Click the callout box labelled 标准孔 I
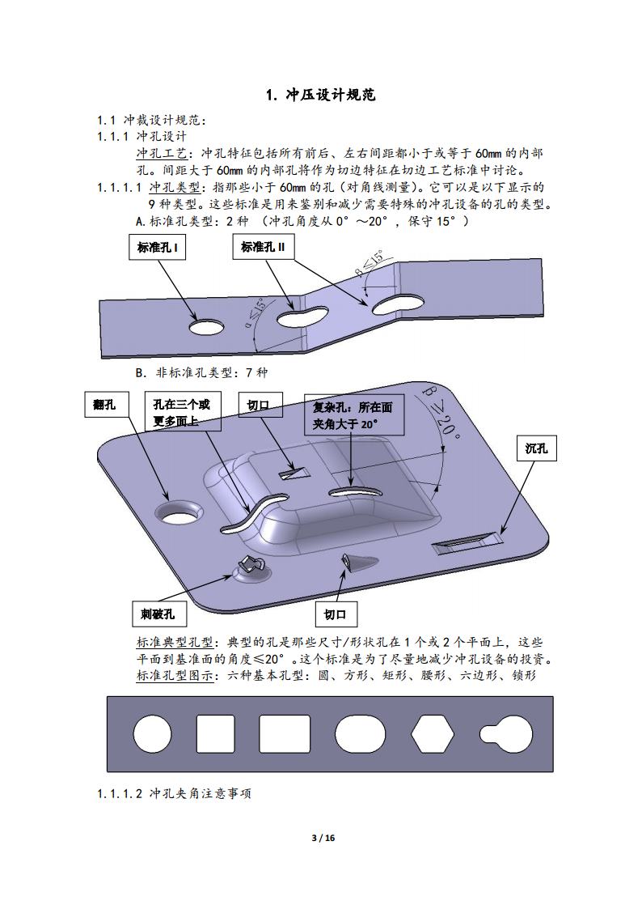157,248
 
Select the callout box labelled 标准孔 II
264,247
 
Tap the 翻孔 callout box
105,405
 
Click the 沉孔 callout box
536,448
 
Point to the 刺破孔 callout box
158,614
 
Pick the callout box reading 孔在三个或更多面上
183,412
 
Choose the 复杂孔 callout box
353,415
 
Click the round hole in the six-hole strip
152,733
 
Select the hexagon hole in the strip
433,734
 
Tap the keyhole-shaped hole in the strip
507,734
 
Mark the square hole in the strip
216,734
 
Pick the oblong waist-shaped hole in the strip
360,734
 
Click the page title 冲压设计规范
321,95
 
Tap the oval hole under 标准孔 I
207,327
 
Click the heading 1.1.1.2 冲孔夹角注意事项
175,793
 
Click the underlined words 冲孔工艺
162,154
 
